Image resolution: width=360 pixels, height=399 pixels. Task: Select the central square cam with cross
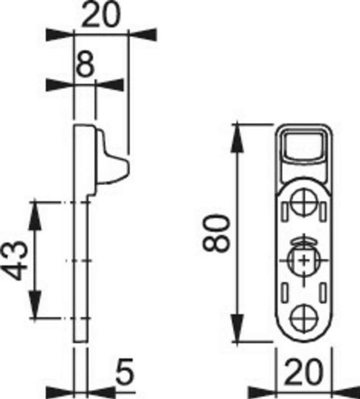[x=304, y=260]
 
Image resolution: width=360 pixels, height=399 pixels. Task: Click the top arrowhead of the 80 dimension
[x=239, y=132]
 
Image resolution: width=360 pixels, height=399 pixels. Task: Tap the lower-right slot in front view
[x=323, y=292]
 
